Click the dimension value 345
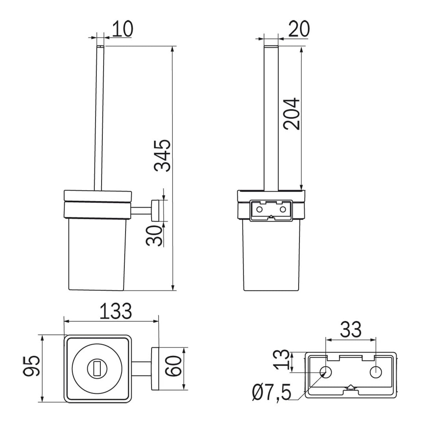163,155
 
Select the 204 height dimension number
292,114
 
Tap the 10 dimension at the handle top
123,28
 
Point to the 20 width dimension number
299,28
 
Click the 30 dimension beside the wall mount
154,236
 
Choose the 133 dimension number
116,311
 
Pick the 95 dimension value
31,366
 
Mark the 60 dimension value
174,366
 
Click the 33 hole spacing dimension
351,329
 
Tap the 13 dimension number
282,360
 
